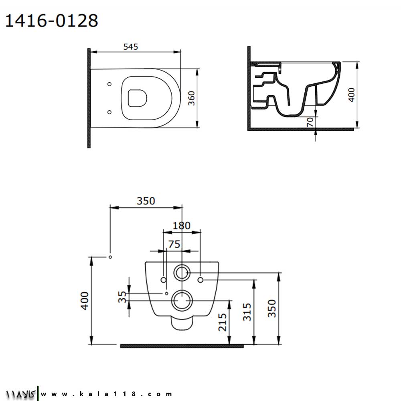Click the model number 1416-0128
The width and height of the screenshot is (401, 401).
[52, 21]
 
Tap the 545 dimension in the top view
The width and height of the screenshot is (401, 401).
[131, 47]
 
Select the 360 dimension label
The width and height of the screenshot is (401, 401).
[192, 98]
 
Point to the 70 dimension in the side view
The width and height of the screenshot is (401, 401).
[310, 122]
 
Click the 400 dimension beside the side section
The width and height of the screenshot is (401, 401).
[352, 95]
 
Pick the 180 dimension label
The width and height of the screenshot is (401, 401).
[182, 225]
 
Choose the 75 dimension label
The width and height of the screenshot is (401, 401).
[174, 244]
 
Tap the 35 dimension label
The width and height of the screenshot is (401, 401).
[122, 297]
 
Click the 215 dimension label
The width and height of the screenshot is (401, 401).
[223, 322]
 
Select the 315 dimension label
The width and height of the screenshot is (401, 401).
[247, 312]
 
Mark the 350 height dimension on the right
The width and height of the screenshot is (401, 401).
[272, 308]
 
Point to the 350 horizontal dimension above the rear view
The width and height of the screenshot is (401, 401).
[146, 201]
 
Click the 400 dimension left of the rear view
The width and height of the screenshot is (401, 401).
[85, 301]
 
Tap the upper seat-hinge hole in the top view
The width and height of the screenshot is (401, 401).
[109, 84]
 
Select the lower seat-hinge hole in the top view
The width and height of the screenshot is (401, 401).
[109, 112]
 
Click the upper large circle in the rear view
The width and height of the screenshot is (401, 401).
[182, 273]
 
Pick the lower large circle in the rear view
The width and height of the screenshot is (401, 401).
[182, 300]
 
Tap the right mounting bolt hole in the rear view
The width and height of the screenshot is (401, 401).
[200, 280]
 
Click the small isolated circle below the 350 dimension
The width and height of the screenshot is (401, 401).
[110, 257]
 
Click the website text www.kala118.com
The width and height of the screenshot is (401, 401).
[106, 394]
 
